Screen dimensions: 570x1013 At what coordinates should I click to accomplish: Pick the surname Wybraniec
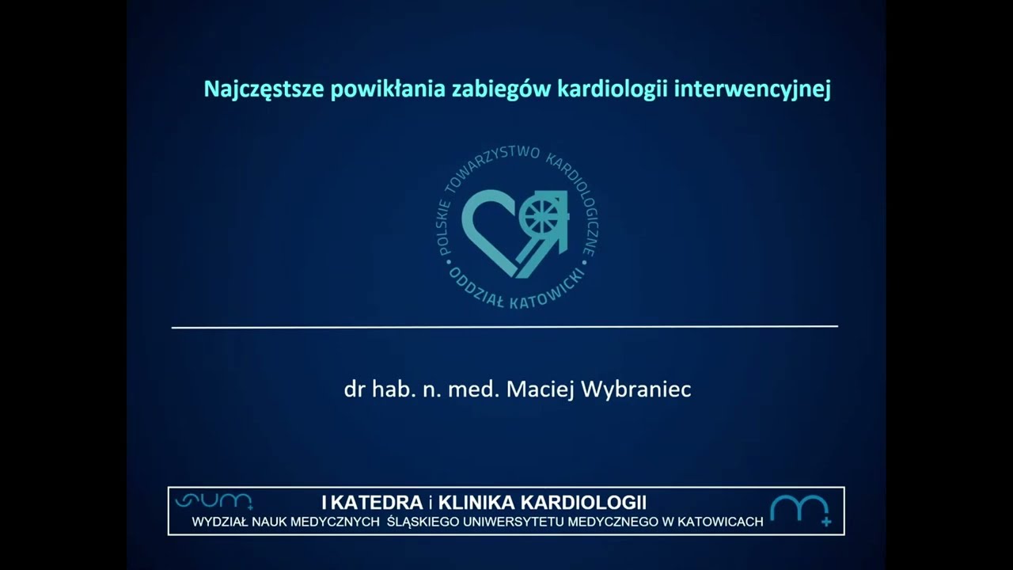point(639,389)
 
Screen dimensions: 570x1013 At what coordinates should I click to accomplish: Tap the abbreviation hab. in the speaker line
point(390,389)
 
